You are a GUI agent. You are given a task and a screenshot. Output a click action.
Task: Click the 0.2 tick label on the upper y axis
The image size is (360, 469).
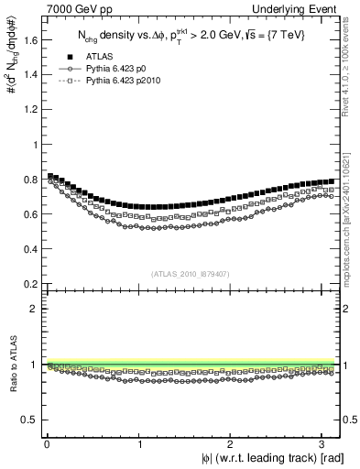coord(30,285)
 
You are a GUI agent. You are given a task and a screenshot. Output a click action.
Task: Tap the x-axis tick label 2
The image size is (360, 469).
coord(232,443)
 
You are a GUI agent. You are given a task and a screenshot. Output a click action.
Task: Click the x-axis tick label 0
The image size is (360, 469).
coord(47,443)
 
